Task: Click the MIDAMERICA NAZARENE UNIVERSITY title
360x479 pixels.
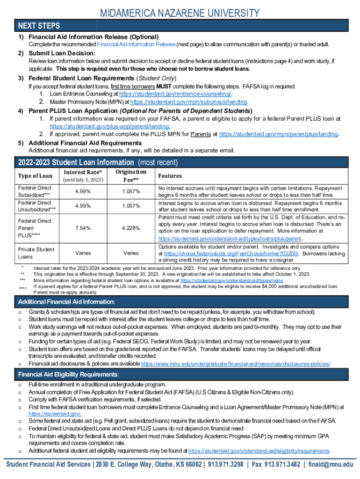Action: [x=180, y=13]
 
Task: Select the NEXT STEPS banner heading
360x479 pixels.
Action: [x=39, y=25]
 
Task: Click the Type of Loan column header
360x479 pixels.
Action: [x=35, y=176]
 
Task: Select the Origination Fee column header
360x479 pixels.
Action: [x=131, y=176]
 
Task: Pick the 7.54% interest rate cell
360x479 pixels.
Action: [x=83, y=228]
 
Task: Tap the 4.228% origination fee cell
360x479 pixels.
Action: [x=131, y=228]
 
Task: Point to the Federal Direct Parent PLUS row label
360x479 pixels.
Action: [x=35, y=228]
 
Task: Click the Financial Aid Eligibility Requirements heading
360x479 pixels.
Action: [x=69, y=375]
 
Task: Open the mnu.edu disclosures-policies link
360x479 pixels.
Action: [x=236, y=364]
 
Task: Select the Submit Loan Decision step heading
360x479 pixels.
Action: [x=62, y=53]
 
